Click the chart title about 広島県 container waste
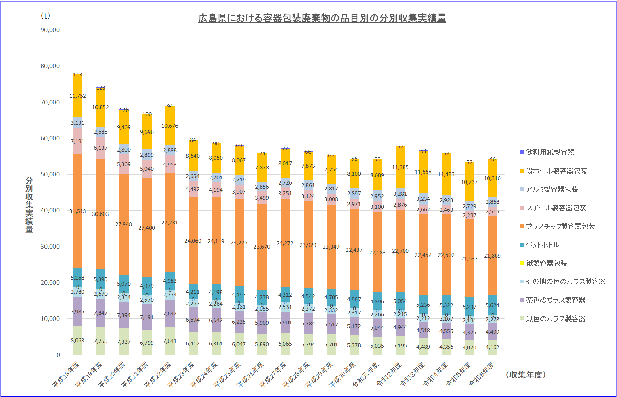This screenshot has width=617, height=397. point(322,18)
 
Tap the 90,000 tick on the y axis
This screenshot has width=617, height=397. point(50,30)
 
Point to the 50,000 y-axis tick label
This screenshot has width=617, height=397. point(50,174)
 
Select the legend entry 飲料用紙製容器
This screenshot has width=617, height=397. point(550,153)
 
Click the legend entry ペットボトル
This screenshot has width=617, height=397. point(543,245)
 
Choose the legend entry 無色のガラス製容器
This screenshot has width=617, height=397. point(555,319)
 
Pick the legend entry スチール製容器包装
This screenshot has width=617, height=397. point(556,208)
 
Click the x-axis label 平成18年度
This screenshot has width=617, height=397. point(67,374)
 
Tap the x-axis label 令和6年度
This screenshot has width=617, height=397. point(482,374)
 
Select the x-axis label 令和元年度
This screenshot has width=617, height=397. point(366,374)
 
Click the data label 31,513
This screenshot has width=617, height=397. point(78,211)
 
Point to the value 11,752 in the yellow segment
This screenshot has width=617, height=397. point(78,96)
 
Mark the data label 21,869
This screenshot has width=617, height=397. point(492,256)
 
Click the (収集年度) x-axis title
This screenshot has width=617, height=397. point(526,375)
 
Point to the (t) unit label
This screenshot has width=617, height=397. point(45,16)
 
